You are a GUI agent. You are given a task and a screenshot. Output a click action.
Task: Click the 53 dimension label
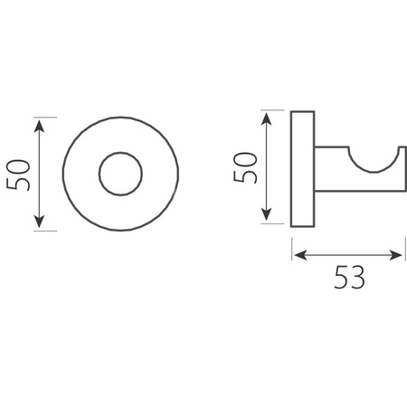tap(349, 278)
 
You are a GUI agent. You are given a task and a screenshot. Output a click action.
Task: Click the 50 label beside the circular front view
tap(18, 175)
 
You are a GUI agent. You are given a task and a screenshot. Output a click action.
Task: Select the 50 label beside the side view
tap(245, 167)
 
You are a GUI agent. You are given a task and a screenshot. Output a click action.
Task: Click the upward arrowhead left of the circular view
tap(39, 126)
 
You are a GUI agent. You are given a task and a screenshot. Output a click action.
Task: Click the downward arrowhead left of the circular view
tap(39, 222)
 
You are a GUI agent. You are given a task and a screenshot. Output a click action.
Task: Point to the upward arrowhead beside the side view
tap(266, 118)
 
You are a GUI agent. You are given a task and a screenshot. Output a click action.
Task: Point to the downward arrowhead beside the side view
tap(266, 214)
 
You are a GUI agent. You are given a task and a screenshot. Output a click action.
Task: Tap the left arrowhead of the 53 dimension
tap(300, 255)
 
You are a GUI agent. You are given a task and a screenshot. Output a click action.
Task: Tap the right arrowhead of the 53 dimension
tap(395, 255)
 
